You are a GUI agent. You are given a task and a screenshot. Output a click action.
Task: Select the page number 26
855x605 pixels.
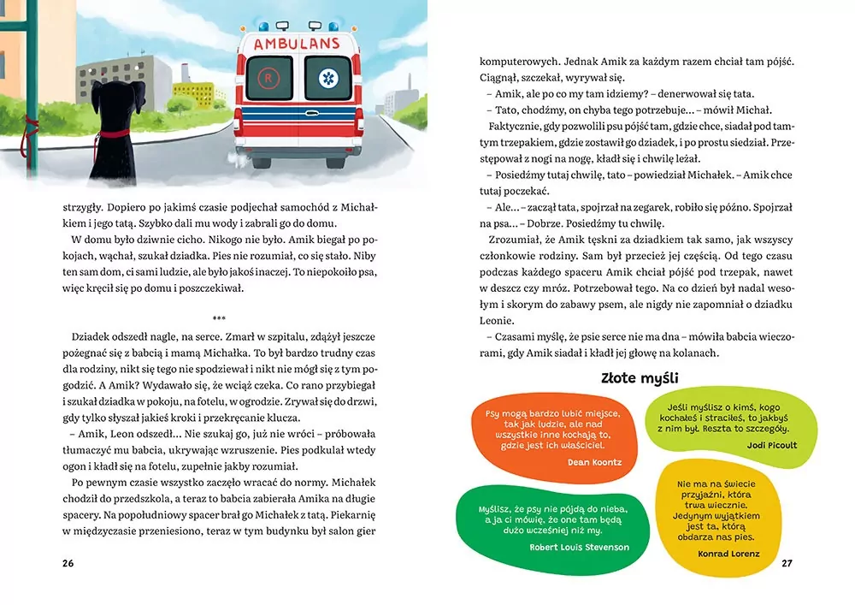[68, 563]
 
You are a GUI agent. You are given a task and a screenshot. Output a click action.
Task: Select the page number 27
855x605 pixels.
[787, 563]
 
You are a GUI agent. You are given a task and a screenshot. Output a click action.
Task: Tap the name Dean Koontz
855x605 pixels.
[593, 461]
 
